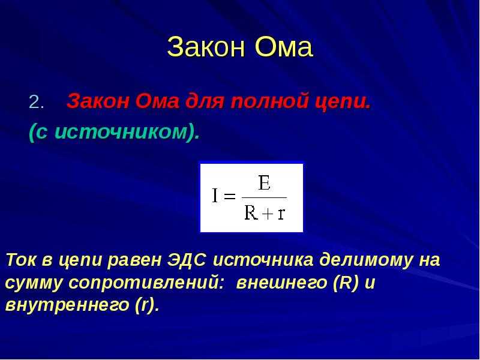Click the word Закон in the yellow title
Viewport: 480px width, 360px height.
[206, 47]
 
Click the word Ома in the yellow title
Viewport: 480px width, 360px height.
[283, 47]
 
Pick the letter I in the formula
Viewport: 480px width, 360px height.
[215, 196]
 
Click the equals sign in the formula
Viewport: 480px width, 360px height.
[230, 196]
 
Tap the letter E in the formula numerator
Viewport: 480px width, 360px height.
[264, 183]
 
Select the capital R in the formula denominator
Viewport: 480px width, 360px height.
[251, 212]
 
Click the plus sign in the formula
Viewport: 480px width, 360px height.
[268, 214]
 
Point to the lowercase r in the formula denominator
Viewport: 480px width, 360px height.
[281, 214]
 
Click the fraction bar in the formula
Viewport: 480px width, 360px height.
[264, 198]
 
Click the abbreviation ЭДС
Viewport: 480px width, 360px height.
[187, 260]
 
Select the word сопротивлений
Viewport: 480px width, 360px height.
[145, 283]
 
